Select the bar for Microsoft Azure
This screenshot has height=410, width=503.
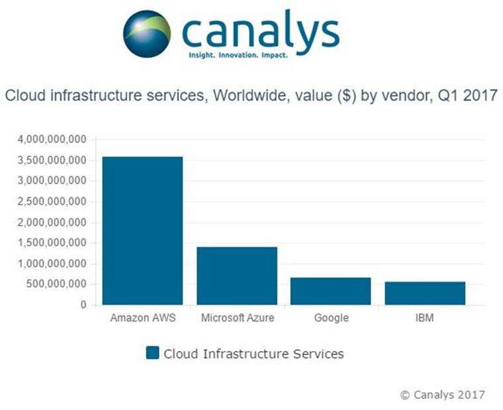point(236,276)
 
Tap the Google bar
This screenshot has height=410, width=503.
point(331,291)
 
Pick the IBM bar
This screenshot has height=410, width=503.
point(425,293)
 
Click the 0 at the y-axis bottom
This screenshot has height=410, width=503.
point(84,305)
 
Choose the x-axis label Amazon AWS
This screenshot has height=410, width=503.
point(142,318)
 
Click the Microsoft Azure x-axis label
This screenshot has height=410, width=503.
point(237,318)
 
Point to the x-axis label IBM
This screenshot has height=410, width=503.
point(425,318)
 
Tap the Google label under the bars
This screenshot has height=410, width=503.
point(331,318)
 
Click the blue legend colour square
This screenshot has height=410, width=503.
point(152,353)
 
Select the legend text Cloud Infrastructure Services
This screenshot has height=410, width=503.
point(253,354)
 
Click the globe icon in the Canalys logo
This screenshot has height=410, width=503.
point(146,33)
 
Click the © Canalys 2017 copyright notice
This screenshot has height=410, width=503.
point(442,395)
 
